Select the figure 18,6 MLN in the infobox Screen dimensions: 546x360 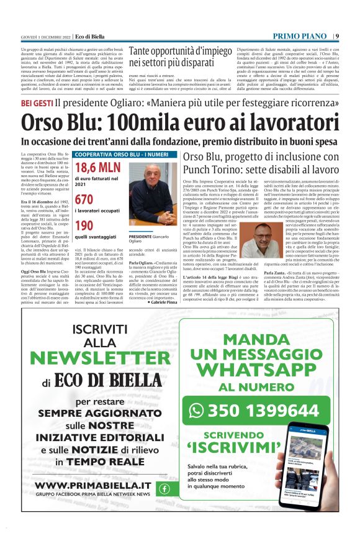click(97, 168)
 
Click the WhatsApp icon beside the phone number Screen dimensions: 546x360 click(197, 411)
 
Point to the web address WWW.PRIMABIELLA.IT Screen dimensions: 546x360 click(92, 485)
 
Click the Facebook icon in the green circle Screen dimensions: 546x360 click(164, 488)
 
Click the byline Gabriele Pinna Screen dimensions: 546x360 click(163, 301)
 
